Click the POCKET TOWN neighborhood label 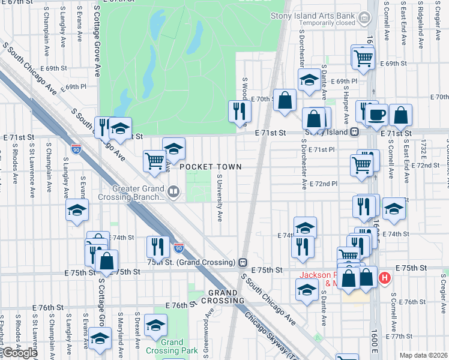[210, 167]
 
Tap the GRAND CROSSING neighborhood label [226, 296]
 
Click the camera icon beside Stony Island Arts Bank [364, 20]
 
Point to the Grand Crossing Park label [172, 346]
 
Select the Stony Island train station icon [355, 132]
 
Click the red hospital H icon [385, 279]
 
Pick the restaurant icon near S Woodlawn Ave [239, 110]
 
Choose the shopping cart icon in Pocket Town [154, 160]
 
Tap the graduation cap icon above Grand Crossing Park [156, 326]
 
